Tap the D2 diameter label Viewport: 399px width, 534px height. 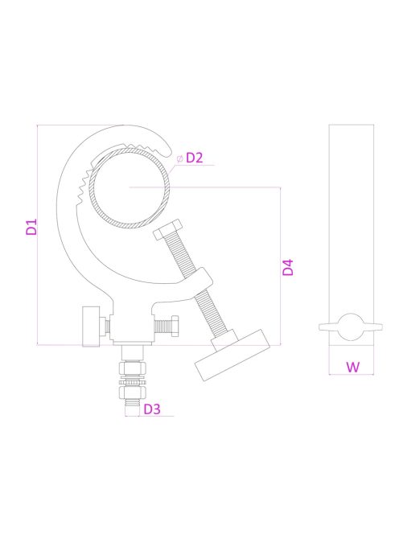(x=194, y=158)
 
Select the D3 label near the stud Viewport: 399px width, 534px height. (x=152, y=409)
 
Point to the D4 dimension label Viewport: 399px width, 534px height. (x=288, y=267)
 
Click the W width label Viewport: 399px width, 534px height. (x=352, y=367)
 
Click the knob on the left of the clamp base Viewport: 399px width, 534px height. (x=91, y=327)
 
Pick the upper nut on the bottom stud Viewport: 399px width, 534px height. (x=130, y=369)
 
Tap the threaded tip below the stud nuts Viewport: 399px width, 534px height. (x=130, y=410)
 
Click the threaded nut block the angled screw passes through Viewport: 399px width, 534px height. (x=201, y=282)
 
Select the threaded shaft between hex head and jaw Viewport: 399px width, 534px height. (x=183, y=257)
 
